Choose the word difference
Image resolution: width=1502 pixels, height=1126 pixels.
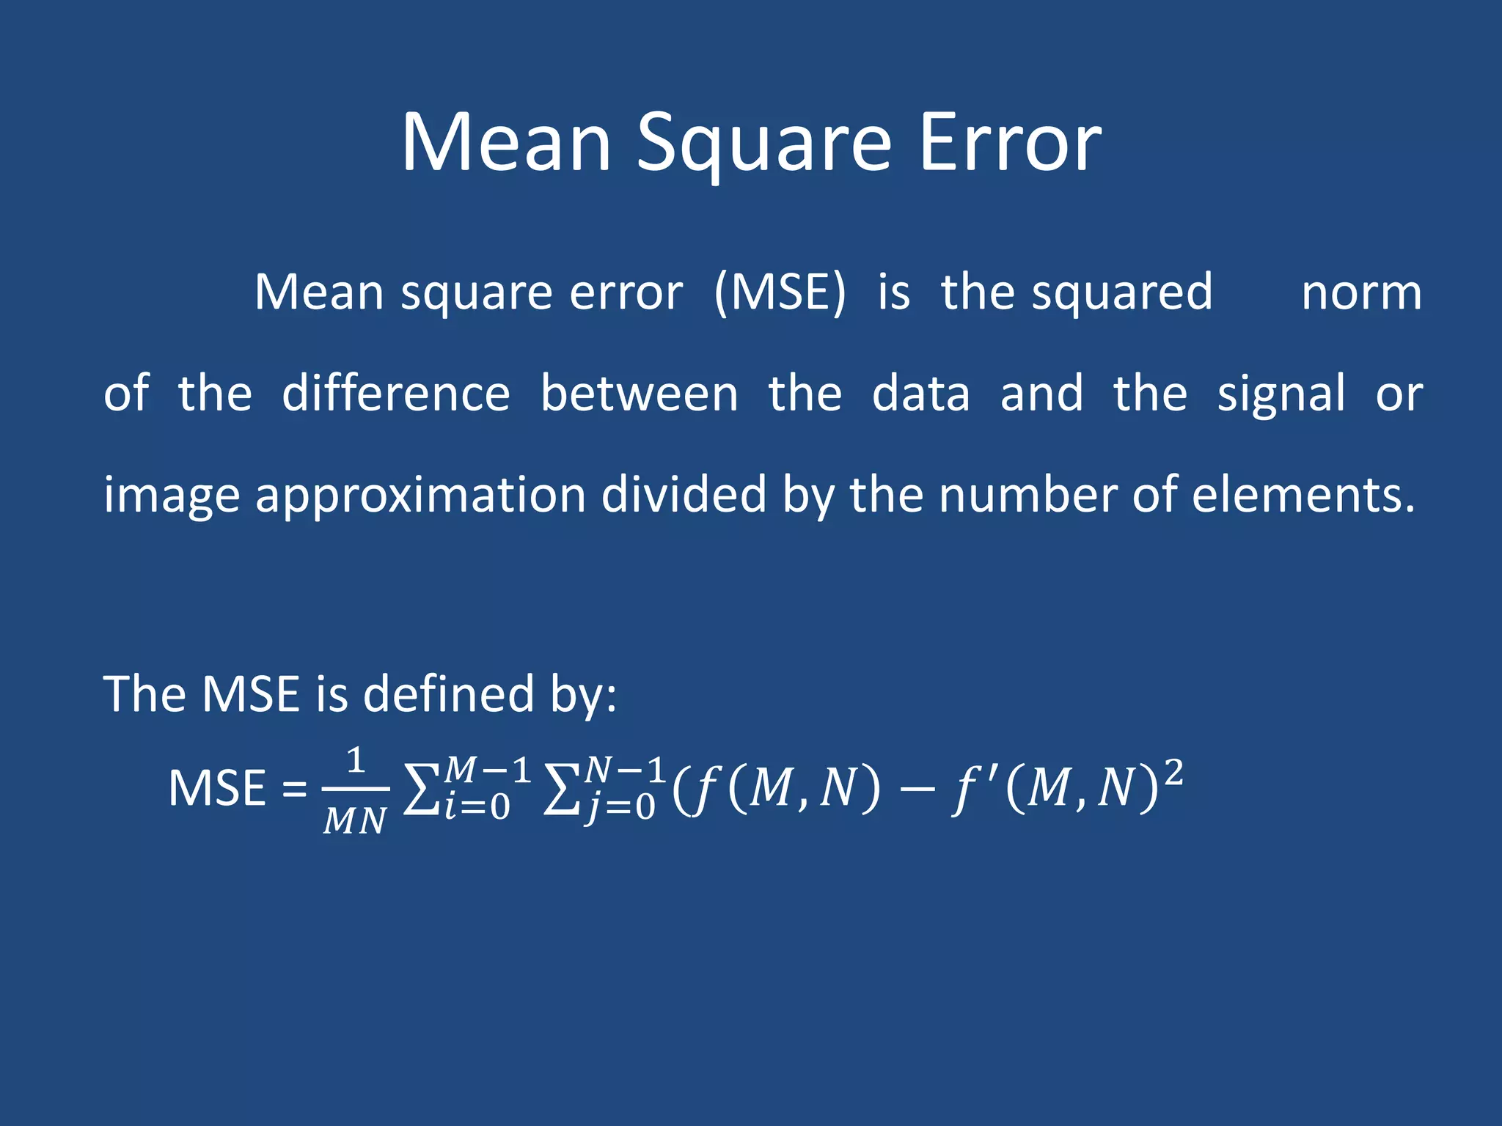[396, 394]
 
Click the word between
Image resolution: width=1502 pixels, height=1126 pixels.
[639, 394]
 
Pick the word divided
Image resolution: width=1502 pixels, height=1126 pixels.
[684, 495]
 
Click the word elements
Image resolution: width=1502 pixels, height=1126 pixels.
[1303, 495]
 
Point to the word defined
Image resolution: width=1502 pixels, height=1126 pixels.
[449, 693]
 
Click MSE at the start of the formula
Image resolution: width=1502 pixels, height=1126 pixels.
[217, 789]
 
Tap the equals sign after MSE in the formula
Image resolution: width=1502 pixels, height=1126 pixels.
[295, 790]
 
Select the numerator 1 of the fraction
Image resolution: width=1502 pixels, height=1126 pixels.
[356, 761]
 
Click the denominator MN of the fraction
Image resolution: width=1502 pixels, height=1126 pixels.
[355, 820]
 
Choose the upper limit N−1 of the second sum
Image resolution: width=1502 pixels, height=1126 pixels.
[625, 770]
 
